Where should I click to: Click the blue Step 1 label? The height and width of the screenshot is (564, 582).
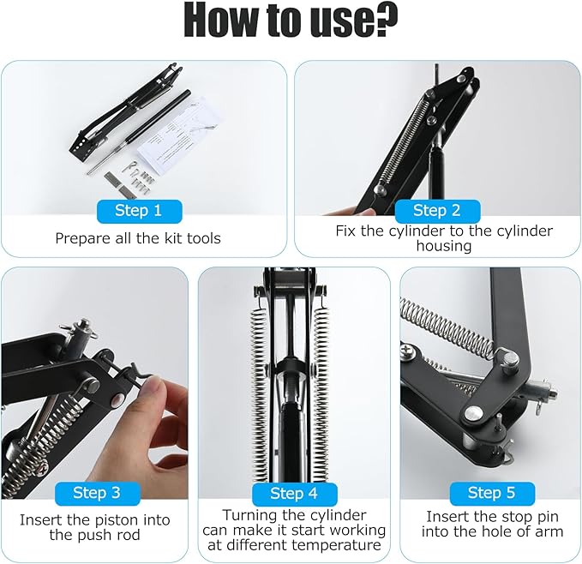(139, 211)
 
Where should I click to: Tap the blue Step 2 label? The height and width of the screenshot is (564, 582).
(437, 211)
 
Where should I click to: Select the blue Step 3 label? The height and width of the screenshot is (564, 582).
(97, 493)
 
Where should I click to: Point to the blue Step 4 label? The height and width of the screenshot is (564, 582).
(294, 494)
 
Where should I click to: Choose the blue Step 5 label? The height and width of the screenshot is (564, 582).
(492, 493)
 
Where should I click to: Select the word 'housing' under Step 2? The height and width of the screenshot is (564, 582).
(444, 246)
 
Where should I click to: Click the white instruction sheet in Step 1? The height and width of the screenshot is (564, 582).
(179, 134)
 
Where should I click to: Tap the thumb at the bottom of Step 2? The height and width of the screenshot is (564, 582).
(352, 212)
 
